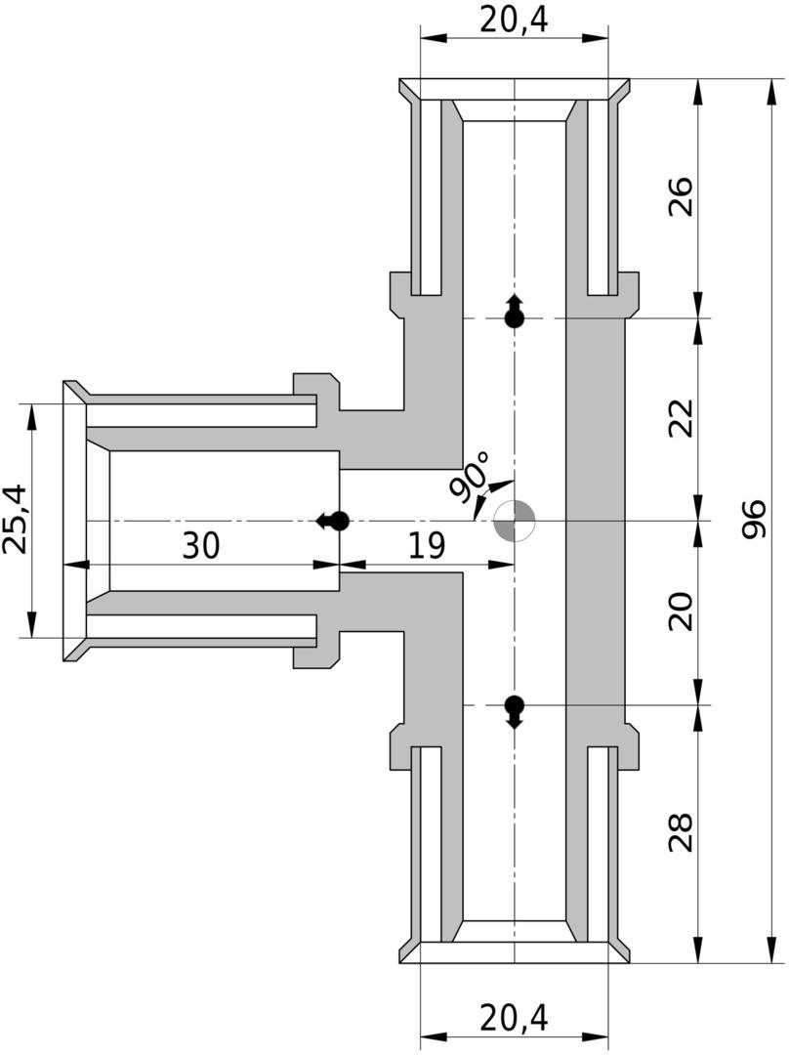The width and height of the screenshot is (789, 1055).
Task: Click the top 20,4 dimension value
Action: pos(514,20)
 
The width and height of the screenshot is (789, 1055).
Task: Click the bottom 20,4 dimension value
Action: pos(514,1018)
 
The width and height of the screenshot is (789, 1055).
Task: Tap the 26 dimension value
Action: pos(683,196)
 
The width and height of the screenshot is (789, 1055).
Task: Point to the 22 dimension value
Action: pos(683,418)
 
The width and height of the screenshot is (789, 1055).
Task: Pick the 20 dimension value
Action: pos(683,612)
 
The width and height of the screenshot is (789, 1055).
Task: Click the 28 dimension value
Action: pos(683,832)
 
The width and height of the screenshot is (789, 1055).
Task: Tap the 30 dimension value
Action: pos(201,546)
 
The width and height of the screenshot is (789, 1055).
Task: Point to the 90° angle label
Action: pos(471,476)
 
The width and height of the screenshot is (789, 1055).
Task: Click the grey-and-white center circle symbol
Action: pos(514,521)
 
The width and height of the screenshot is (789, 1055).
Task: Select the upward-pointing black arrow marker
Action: pos(514,311)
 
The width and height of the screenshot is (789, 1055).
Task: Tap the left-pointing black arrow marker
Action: pos(333,521)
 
